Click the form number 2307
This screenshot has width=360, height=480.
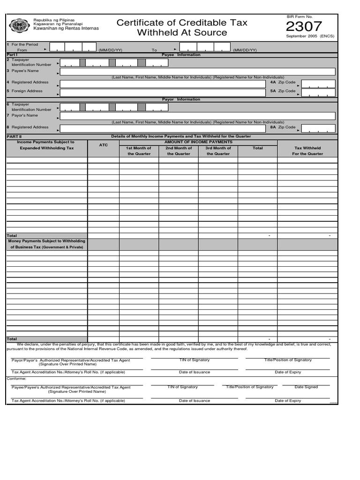tap(304, 26)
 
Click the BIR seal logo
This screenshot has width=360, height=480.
tap(19, 26)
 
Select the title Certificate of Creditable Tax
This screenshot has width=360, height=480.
tap(182, 22)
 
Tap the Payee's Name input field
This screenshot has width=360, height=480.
tap(197, 72)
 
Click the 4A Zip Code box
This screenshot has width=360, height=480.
tap(318, 83)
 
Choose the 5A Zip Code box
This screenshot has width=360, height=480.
tap(318, 92)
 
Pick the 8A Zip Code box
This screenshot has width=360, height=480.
tap(318, 128)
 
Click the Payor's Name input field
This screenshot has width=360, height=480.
tap(197, 116)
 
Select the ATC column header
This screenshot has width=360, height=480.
tap(104, 145)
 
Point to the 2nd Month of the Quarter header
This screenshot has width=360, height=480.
tap(179, 150)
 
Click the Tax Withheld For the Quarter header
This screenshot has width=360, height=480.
tap(307, 150)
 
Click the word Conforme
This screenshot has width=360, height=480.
tap(16, 378)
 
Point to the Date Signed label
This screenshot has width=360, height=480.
tap(306, 387)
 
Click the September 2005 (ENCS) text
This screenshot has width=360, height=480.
tap(310, 36)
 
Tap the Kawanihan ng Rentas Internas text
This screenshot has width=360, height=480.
tap(65, 29)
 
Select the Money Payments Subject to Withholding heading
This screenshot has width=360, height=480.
tap(47, 241)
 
